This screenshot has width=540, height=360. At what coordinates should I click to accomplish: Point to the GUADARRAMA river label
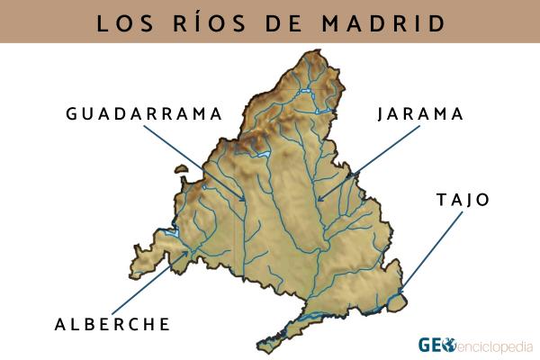point(143,114)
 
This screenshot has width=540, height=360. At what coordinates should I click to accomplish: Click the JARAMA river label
point(421,114)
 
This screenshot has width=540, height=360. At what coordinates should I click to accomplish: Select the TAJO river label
point(463,200)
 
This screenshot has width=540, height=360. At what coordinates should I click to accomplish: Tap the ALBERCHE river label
point(112,323)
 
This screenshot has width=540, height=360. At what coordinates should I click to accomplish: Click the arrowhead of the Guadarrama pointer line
point(244,200)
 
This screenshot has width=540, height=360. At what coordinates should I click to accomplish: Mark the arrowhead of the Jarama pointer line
point(318,200)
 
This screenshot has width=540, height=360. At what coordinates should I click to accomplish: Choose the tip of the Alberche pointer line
point(190,252)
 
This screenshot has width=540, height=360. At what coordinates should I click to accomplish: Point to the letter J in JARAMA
point(382,114)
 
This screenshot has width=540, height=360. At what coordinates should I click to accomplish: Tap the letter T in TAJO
point(440,200)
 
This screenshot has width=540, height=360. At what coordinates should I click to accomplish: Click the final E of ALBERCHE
point(165,323)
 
